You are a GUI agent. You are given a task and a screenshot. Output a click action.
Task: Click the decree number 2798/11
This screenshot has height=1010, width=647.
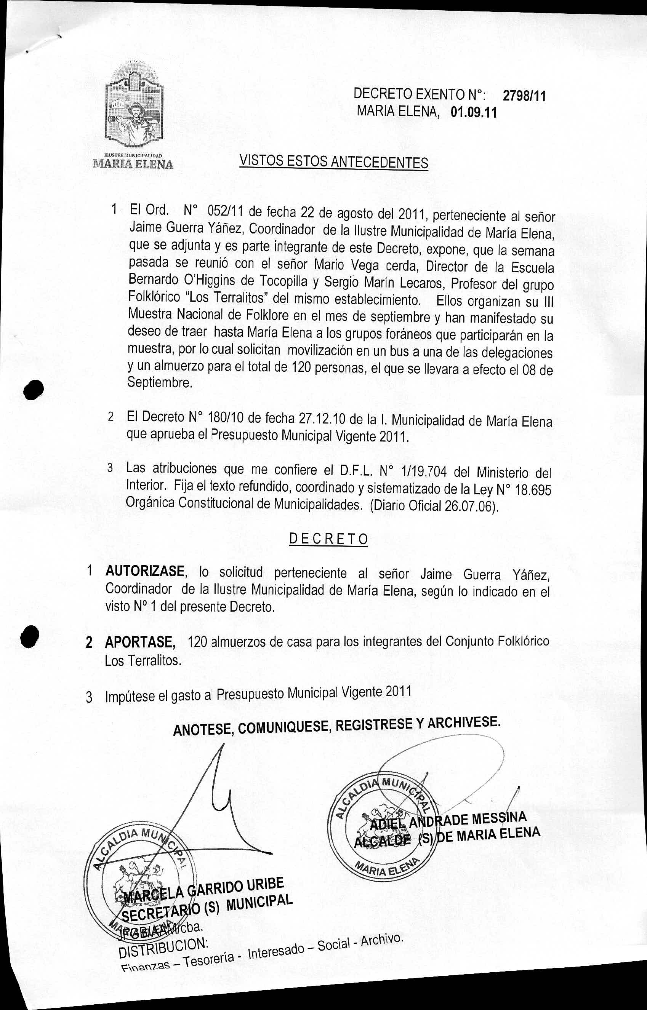click(524, 96)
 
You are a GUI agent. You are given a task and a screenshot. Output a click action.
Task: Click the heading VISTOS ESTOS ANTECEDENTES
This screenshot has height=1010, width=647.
click(333, 161)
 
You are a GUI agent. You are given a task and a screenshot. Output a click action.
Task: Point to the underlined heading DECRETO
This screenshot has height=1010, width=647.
click(328, 539)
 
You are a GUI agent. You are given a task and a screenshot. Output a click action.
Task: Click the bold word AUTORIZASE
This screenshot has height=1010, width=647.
click(145, 572)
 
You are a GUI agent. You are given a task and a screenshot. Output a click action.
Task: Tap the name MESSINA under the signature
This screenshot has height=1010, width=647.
click(499, 818)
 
